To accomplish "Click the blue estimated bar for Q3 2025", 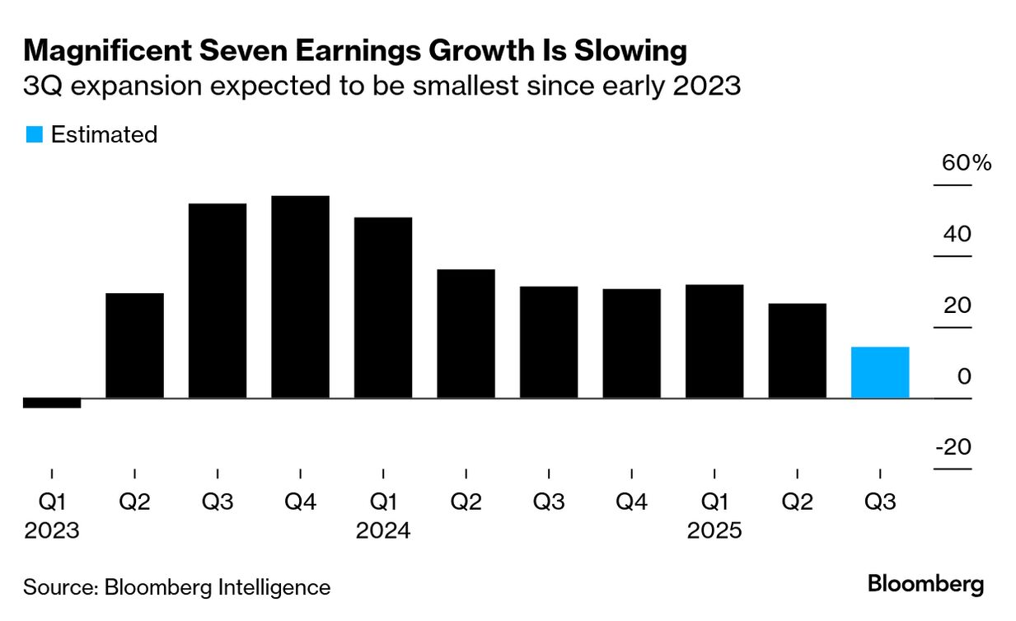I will pos(879,372).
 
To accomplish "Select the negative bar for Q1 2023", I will pos(52,403).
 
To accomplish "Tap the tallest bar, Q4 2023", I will pos(300,296).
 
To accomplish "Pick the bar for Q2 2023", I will pos(134,346).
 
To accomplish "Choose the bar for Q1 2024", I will pos(383,308).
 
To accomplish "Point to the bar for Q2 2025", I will pos(797,351).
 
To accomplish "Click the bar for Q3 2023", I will pos(218,301).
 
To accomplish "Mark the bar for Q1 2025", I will pos(714,341).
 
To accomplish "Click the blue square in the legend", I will pos(34,134).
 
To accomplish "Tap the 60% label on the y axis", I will pos(967,163).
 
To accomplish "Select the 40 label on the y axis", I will pos(957,235).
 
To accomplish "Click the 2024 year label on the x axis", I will pos(383,531).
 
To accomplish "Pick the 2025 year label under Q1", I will pos(714,531).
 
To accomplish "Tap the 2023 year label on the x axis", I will pos(52,531).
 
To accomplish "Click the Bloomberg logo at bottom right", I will pos(925,585).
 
